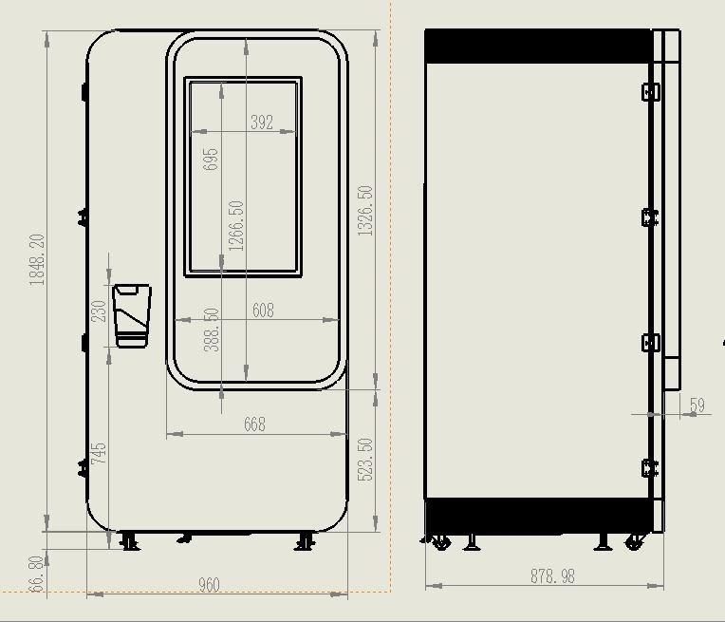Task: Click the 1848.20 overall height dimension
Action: click(37, 259)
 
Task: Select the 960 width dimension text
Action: click(209, 585)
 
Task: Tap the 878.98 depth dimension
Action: click(552, 576)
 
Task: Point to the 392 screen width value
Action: click(262, 123)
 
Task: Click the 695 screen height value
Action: click(211, 160)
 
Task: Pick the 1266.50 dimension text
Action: click(235, 226)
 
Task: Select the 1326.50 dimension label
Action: click(365, 211)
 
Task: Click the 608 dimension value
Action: click(263, 311)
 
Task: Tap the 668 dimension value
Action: click(254, 424)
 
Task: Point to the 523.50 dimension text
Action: click(365, 460)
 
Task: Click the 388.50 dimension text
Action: click(212, 330)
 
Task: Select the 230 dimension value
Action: click(99, 311)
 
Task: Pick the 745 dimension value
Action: click(99, 454)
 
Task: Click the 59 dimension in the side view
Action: click(697, 405)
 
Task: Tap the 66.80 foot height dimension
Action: click(36, 574)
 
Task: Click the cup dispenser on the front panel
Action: click(132, 315)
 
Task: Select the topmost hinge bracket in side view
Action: click(651, 91)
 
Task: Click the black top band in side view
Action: click(538, 46)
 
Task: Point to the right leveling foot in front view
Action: click(305, 541)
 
